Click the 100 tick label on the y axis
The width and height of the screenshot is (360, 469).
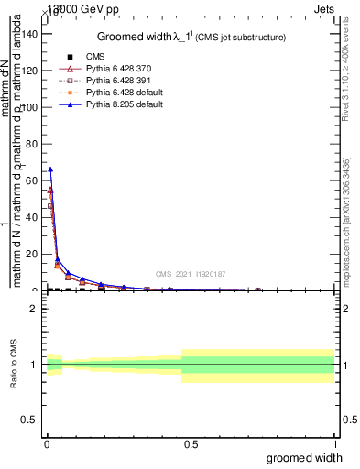31,107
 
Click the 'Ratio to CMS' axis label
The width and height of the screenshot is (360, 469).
15,365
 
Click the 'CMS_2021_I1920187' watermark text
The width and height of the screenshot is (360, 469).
190,273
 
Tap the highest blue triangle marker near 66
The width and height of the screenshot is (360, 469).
50,169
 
